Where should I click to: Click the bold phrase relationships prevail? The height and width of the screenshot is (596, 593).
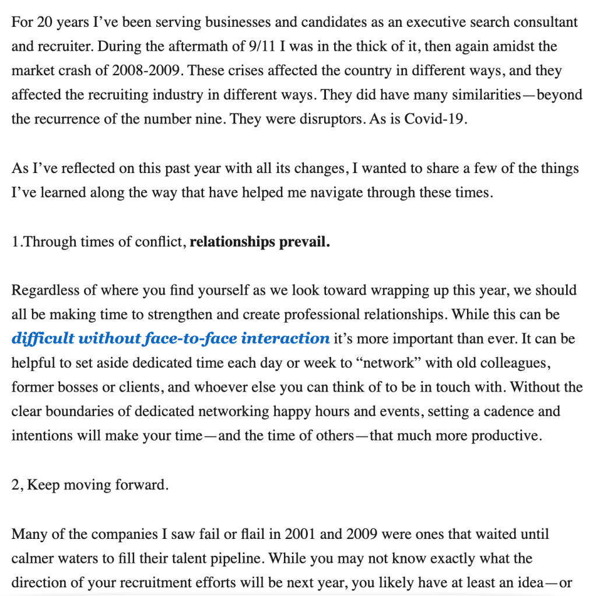[260, 242]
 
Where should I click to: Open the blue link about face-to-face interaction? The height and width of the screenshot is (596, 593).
[170, 338]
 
